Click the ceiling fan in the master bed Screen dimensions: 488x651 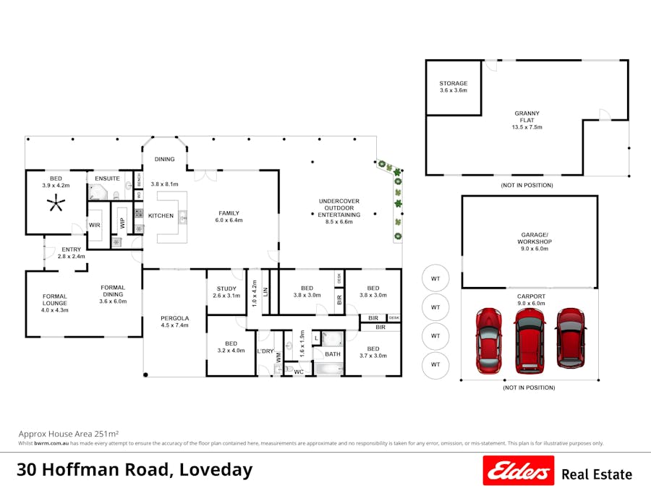click(x=56, y=205)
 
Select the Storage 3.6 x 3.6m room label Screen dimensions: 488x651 click(x=454, y=87)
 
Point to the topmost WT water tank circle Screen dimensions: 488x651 click(x=435, y=278)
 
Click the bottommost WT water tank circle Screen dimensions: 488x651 click(x=435, y=364)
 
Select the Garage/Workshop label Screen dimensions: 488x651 click(x=535, y=241)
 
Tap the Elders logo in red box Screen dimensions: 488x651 click(x=518, y=471)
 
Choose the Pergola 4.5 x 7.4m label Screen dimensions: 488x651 click(x=174, y=322)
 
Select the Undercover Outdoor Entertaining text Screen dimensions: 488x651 click(x=339, y=212)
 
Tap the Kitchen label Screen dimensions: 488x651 click(x=161, y=216)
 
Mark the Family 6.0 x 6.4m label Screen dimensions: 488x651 click(x=229, y=216)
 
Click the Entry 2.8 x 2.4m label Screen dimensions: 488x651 click(x=72, y=253)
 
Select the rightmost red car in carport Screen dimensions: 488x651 click(x=570, y=337)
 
